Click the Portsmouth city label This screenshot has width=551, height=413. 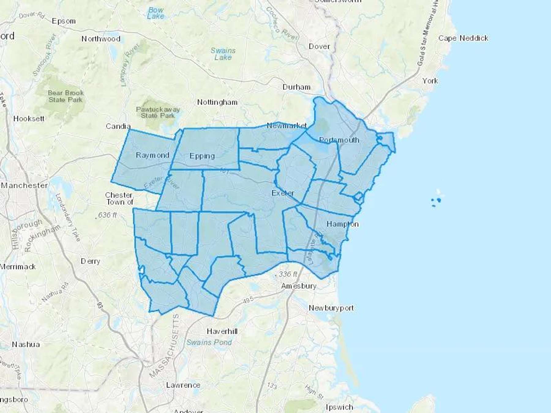(x=339, y=140)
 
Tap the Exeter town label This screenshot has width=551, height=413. (x=283, y=193)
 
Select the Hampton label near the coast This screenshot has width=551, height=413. (x=342, y=224)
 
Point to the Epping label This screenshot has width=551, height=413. (x=202, y=156)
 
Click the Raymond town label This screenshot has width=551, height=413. (x=152, y=155)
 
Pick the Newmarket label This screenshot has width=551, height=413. (x=287, y=125)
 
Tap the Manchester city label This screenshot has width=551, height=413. (x=24, y=185)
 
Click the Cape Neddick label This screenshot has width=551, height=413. (x=463, y=38)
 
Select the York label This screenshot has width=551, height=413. (x=430, y=81)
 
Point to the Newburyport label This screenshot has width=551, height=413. (x=331, y=308)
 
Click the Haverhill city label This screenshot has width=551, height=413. (x=222, y=331)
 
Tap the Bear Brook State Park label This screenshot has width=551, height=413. (x=66, y=96)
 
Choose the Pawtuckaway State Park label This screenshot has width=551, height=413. (x=158, y=112)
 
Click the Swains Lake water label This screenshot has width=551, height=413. (x=223, y=54)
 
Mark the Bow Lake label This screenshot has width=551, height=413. (x=156, y=13)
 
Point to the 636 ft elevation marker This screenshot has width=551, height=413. (x=107, y=215)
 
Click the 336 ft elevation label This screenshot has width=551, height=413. (x=288, y=274)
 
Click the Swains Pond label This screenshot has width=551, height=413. (x=209, y=342)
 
